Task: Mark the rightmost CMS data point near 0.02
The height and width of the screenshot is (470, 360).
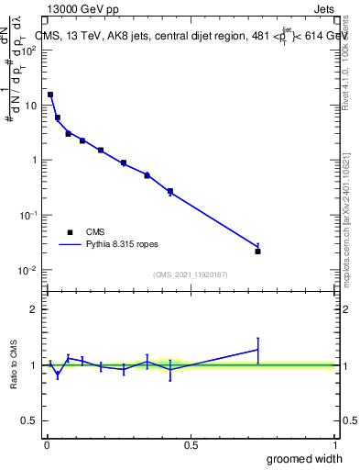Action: coord(258,251)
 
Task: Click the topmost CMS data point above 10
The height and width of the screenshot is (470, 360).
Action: coord(50,95)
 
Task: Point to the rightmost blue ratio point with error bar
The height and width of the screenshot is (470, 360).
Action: coord(258,349)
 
